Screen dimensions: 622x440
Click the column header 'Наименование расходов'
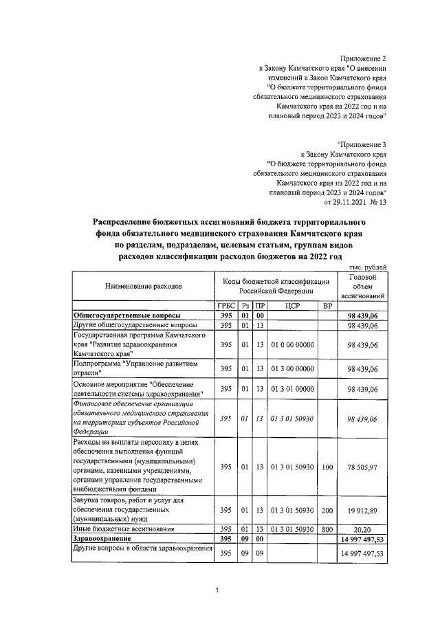click(x=144, y=284)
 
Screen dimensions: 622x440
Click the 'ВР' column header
click(x=327, y=305)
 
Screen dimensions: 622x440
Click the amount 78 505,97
click(x=362, y=467)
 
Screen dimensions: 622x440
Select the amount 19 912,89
click(x=362, y=511)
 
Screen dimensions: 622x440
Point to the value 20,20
click(x=362, y=529)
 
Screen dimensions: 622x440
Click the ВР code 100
click(x=327, y=467)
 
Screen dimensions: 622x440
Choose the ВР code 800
click(x=327, y=529)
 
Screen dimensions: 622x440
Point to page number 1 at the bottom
click(x=217, y=590)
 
